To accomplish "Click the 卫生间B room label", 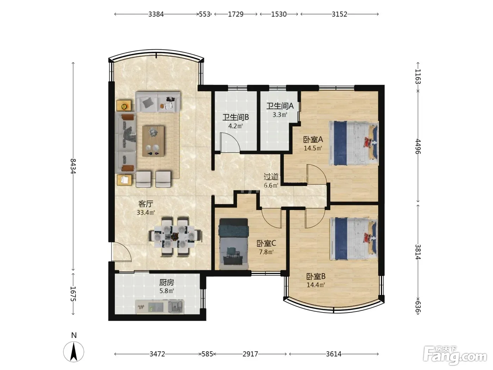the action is (236, 117).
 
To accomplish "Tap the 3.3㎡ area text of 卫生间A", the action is (280, 115).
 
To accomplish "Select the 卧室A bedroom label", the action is (313, 140).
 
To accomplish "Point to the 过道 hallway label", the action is (271, 177).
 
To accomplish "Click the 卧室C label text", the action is (266, 243).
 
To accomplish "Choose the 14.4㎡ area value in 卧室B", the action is (316, 285).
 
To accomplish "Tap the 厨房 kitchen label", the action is (167, 282).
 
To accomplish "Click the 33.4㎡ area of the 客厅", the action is (146, 212).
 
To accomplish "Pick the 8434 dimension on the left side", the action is (73, 166).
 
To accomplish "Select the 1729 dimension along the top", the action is (236, 14).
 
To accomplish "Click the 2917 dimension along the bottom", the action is (250, 354).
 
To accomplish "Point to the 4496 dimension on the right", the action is (418, 147).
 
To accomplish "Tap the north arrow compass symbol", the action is (74, 352).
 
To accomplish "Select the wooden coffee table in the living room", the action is (153, 141).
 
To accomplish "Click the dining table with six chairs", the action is (175, 236).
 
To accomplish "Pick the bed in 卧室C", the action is (233, 244).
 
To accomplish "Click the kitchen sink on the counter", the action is (176, 307).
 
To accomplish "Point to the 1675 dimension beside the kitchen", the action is (73, 294).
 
